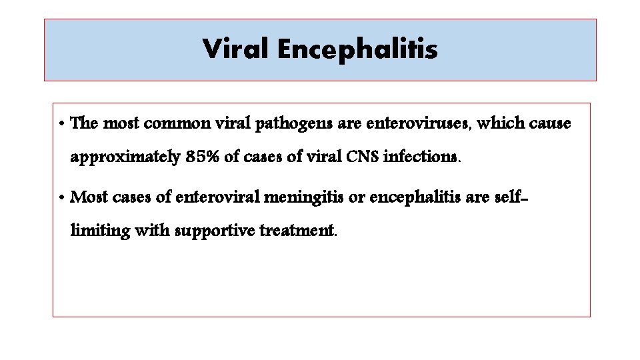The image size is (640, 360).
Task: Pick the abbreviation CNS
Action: (x=360, y=157)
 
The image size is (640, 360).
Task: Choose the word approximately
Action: (x=125, y=158)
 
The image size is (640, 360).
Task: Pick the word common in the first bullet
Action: (x=175, y=124)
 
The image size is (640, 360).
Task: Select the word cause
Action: (x=550, y=124)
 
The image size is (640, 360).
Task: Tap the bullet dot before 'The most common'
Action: (x=61, y=125)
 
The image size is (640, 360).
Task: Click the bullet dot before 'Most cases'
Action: (x=61, y=198)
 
